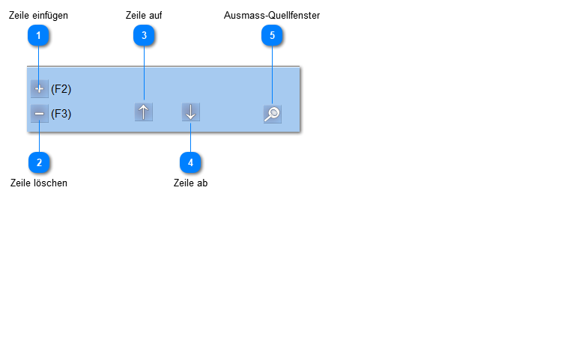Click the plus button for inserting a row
(x=40, y=89)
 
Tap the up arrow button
(x=144, y=112)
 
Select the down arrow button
(x=191, y=112)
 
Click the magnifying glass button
(x=272, y=115)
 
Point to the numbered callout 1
(x=38, y=35)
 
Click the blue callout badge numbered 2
(x=39, y=162)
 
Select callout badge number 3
(x=144, y=35)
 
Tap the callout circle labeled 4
(x=190, y=162)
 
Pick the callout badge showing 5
(x=272, y=35)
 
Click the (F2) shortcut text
(x=61, y=89)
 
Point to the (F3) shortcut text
(x=61, y=114)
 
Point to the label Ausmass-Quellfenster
(x=272, y=15)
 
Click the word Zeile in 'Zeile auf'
(x=136, y=15)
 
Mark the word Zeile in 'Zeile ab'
(x=183, y=183)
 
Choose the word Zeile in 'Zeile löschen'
(x=20, y=183)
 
